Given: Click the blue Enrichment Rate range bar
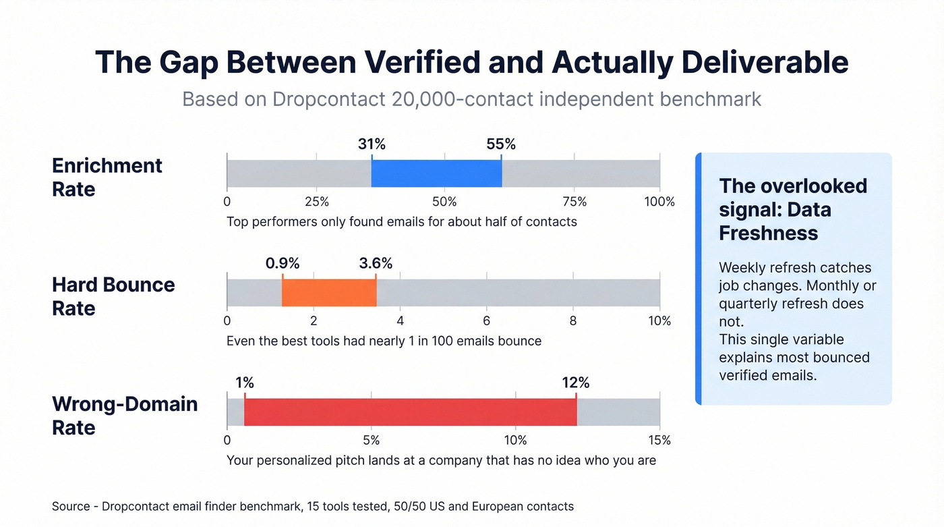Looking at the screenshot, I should pos(436,173).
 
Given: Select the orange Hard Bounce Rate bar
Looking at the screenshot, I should pos(329,293).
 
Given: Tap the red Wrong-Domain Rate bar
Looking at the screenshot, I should pos(410,412).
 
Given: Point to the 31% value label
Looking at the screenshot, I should pos(372,144).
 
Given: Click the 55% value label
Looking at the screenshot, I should pos(501,144).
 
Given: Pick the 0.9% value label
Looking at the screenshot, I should pos(283,263).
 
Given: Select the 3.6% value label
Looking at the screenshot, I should pos(376,263).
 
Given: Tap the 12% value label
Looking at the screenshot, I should pos(576,383).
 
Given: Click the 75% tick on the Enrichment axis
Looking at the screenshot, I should pos(574,202).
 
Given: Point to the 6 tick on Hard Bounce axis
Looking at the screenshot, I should pos(487,321).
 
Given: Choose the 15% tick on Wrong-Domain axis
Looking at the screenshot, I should pos(659,441).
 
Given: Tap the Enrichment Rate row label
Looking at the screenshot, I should pos(107,177).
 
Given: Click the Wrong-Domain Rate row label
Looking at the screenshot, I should pos(125,416).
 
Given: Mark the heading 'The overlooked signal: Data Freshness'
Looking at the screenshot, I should pos(793,209).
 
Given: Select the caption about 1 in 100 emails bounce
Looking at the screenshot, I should pos(384,341).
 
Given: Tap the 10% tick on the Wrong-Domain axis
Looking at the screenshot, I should pos(515,441).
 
